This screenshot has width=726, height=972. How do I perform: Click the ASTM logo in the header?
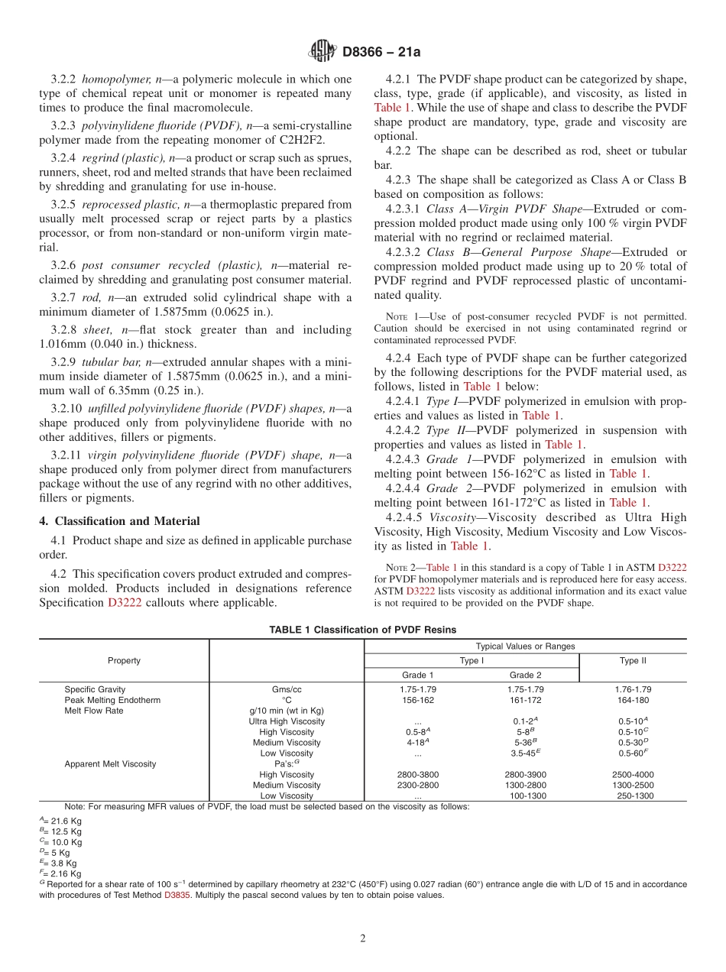(x=321, y=51)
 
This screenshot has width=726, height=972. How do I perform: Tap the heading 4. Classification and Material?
(x=120, y=521)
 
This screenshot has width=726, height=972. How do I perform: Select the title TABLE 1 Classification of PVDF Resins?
(x=362, y=630)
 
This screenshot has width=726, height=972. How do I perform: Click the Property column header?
(x=124, y=660)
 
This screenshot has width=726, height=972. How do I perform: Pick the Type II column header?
(x=633, y=660)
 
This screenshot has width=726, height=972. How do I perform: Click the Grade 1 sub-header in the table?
(x=417, y=675)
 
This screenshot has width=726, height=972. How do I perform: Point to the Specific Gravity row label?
(x=95, y=689)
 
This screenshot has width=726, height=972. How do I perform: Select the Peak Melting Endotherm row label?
(x=112, y=700)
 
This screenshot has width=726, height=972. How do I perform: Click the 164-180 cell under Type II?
(x=633, y=700)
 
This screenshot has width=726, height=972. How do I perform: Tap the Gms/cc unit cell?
(x=287, y=689)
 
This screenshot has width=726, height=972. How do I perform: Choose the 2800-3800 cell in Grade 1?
(x=417, y=774)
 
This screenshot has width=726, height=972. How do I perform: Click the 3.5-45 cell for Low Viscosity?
(x=525, y=753)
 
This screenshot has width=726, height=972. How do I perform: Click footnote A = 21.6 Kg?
(x=61, y=821)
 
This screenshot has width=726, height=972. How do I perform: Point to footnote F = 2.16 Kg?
(x=61, y=873)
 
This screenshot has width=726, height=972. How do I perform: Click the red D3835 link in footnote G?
(x=177, y=895)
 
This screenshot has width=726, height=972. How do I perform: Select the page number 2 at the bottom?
(x=363, y=938)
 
